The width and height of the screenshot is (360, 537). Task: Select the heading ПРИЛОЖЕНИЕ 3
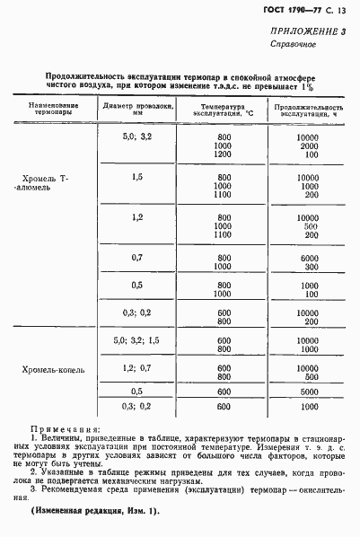(307, 31)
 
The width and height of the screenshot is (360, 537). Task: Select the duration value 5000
(307, 392)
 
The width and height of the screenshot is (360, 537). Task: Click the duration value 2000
(307, 145)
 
